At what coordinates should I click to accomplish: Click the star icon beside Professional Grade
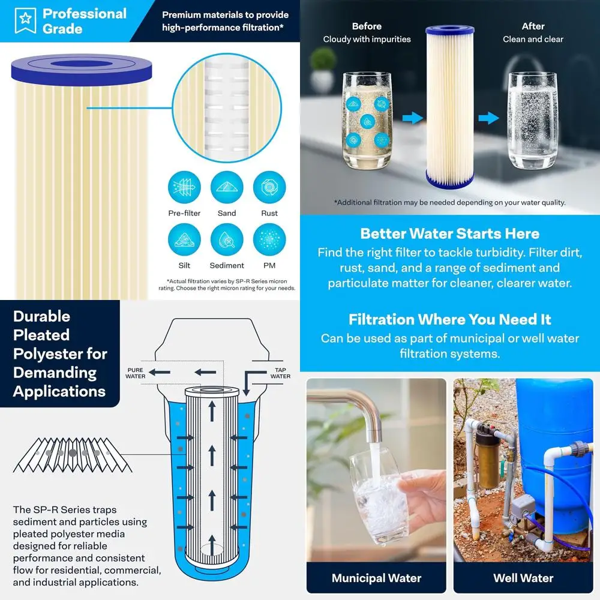[x=25, y=20]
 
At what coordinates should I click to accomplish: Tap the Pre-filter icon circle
[x=184, y=188]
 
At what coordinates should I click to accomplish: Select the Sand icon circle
[x=227, y=188]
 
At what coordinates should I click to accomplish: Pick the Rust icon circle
[x=269, y=188]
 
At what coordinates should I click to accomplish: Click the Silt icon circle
[x=184, y=240]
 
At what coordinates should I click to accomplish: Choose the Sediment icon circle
[x=227, y=240]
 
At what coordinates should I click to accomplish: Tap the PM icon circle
[x=269, y=240]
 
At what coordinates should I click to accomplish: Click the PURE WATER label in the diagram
[x=135, y=373]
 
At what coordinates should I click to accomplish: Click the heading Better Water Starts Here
[x=449, y=233]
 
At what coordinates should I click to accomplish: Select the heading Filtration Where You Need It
[x=449, y=319]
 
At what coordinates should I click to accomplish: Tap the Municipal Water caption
[x=376, y=578]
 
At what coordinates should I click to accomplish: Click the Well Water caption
[x=523, y=578]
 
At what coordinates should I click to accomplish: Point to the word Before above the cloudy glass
[x=367, y=26]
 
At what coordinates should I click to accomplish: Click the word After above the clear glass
[x=533, y=26]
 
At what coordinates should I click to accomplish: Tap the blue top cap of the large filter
[x=449, y=30]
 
